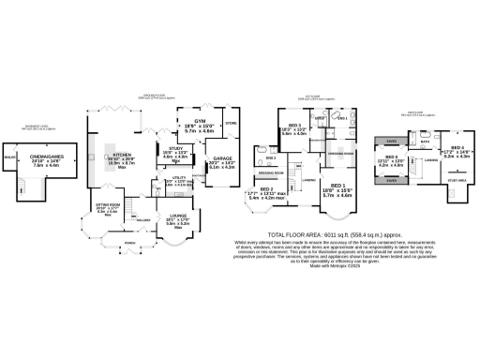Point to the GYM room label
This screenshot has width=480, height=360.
pos(199,122)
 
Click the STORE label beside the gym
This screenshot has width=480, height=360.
pos(231,121)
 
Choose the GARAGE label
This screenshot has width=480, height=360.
pos(221,158)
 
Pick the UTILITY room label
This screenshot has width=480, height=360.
pos(177,177)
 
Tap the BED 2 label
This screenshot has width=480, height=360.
pos(265,189)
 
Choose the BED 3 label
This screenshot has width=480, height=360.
pos(294,125)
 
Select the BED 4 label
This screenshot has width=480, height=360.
pos(457,147)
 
